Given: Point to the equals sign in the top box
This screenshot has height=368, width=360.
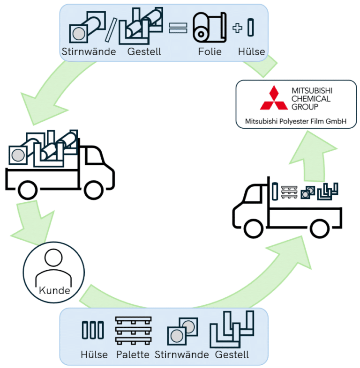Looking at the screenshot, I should click(177, 29).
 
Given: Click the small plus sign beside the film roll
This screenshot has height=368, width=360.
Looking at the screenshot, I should click(237, 28).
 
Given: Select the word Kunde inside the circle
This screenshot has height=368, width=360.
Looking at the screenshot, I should click(54, 290).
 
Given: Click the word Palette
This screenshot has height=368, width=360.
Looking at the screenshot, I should click(134, 354).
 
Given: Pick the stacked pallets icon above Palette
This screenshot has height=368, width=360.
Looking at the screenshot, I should click(134, 330).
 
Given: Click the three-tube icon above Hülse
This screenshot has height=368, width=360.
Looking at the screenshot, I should click(92, 330).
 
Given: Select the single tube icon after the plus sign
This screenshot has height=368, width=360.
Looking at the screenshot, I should click(251, 28).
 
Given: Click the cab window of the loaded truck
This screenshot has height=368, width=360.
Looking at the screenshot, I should click(94, 157).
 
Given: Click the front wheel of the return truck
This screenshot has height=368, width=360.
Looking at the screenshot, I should click(254, 227).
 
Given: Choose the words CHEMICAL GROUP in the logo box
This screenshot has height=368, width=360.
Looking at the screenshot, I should click(311, 102).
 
